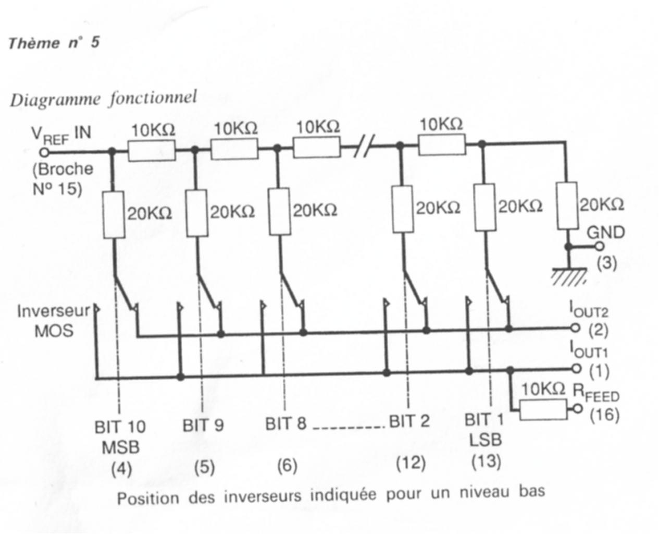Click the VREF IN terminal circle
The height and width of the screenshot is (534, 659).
coord(45,153)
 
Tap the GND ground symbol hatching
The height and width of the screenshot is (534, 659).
coord(569,276)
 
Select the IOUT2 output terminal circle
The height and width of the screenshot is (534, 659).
coord(575,329)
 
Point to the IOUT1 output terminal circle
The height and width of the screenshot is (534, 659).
coord(575,368)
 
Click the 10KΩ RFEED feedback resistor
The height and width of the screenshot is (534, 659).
coord(543,410)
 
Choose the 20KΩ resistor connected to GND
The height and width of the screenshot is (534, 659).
coord(567,205)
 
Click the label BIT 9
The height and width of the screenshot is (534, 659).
coord(203,426)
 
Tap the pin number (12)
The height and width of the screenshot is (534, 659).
coord(411,463)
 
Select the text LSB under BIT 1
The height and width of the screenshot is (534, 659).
coord(485,440)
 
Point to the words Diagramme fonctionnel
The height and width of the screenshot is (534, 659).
coord(103,99)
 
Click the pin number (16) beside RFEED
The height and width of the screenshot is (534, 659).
coord(604,416)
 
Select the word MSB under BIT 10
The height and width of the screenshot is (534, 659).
coord(120,447)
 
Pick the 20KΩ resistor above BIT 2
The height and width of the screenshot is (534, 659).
coord(403,209)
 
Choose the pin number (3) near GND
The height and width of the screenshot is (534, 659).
coord(606,263)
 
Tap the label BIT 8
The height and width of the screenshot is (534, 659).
coord(285,423)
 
